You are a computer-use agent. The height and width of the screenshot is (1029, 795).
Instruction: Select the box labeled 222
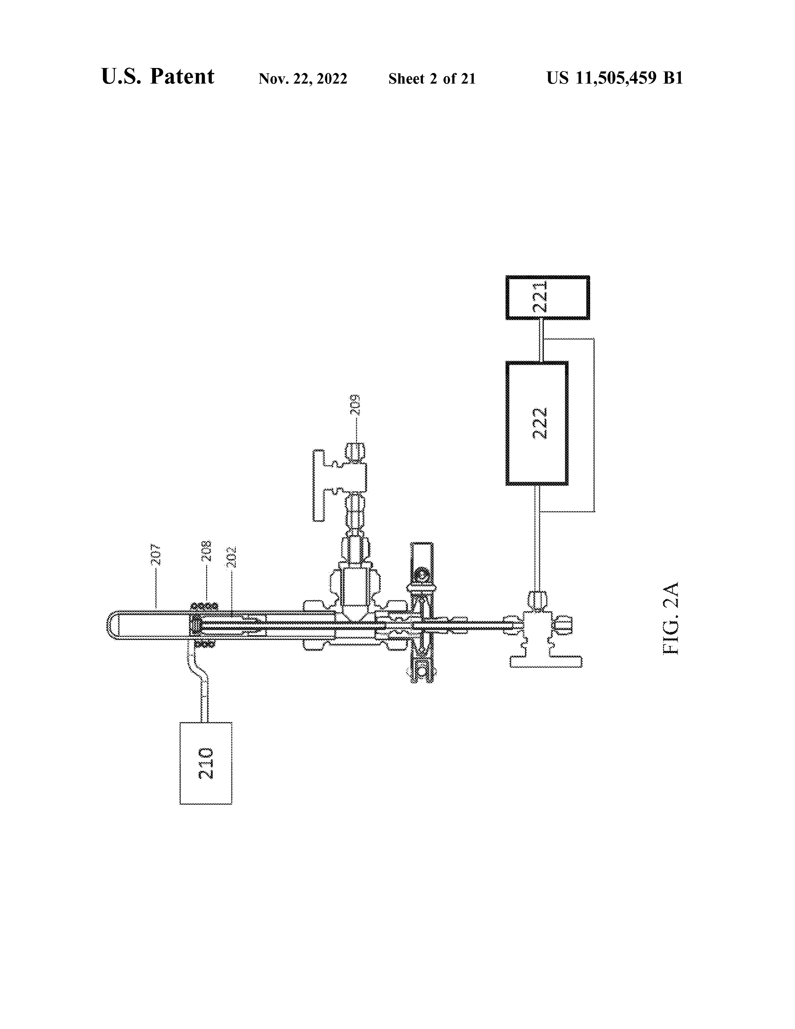point(537,423)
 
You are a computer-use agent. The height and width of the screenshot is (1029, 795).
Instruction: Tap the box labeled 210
point(206,763)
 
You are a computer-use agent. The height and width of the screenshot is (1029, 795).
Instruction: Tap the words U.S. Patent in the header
point(158,76)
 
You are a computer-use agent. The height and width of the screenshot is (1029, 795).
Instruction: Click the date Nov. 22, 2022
point(303,79)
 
